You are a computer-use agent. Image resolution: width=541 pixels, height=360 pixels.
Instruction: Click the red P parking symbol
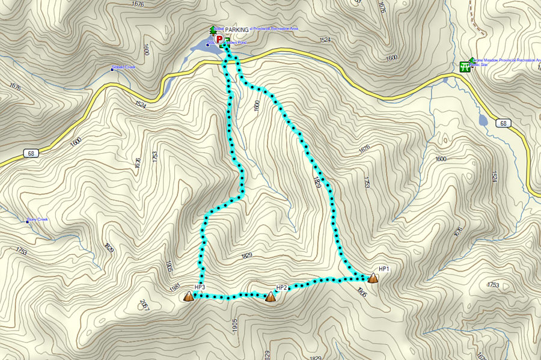[218, 38]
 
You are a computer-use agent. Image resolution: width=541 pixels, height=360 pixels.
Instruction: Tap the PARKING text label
[236, 30]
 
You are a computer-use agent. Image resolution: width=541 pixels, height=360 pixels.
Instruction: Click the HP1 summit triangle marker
[373, 278]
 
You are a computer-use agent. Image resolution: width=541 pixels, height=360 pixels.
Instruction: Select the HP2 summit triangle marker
[270, 296]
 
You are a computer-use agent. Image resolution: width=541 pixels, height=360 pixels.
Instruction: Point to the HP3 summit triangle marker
[189, 296]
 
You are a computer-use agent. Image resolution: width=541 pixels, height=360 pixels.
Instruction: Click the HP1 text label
[384, 269]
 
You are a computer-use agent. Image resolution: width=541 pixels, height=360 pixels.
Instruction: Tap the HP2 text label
[281, 288]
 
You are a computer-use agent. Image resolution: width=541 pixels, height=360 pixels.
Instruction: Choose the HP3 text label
[200, 287]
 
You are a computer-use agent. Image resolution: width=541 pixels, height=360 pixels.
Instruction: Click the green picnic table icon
[465, 66]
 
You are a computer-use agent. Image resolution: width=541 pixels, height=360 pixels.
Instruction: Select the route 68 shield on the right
[503, 123]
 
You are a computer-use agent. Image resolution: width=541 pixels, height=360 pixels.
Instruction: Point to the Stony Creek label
[37, 220]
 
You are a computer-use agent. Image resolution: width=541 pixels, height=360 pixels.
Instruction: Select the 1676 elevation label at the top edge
[137, 4]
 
